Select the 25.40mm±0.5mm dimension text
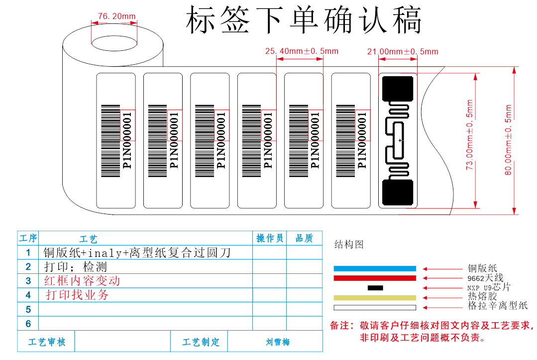click(301, 51)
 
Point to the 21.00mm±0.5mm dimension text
click(403, 51)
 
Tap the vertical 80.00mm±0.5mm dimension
click(508, 140)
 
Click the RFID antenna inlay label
click(398, 140)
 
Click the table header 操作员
click(270, 239)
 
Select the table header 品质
click(304, 239)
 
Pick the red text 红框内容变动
click(82, 281)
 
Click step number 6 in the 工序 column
click(28, 324)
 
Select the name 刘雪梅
click(278, 342)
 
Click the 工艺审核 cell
click(46, 342)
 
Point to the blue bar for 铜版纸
click(374, 268)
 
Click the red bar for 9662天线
click(374, 278)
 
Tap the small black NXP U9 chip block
click(375, 288)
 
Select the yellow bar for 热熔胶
click(374, 297)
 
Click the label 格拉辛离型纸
click(497, 306)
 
